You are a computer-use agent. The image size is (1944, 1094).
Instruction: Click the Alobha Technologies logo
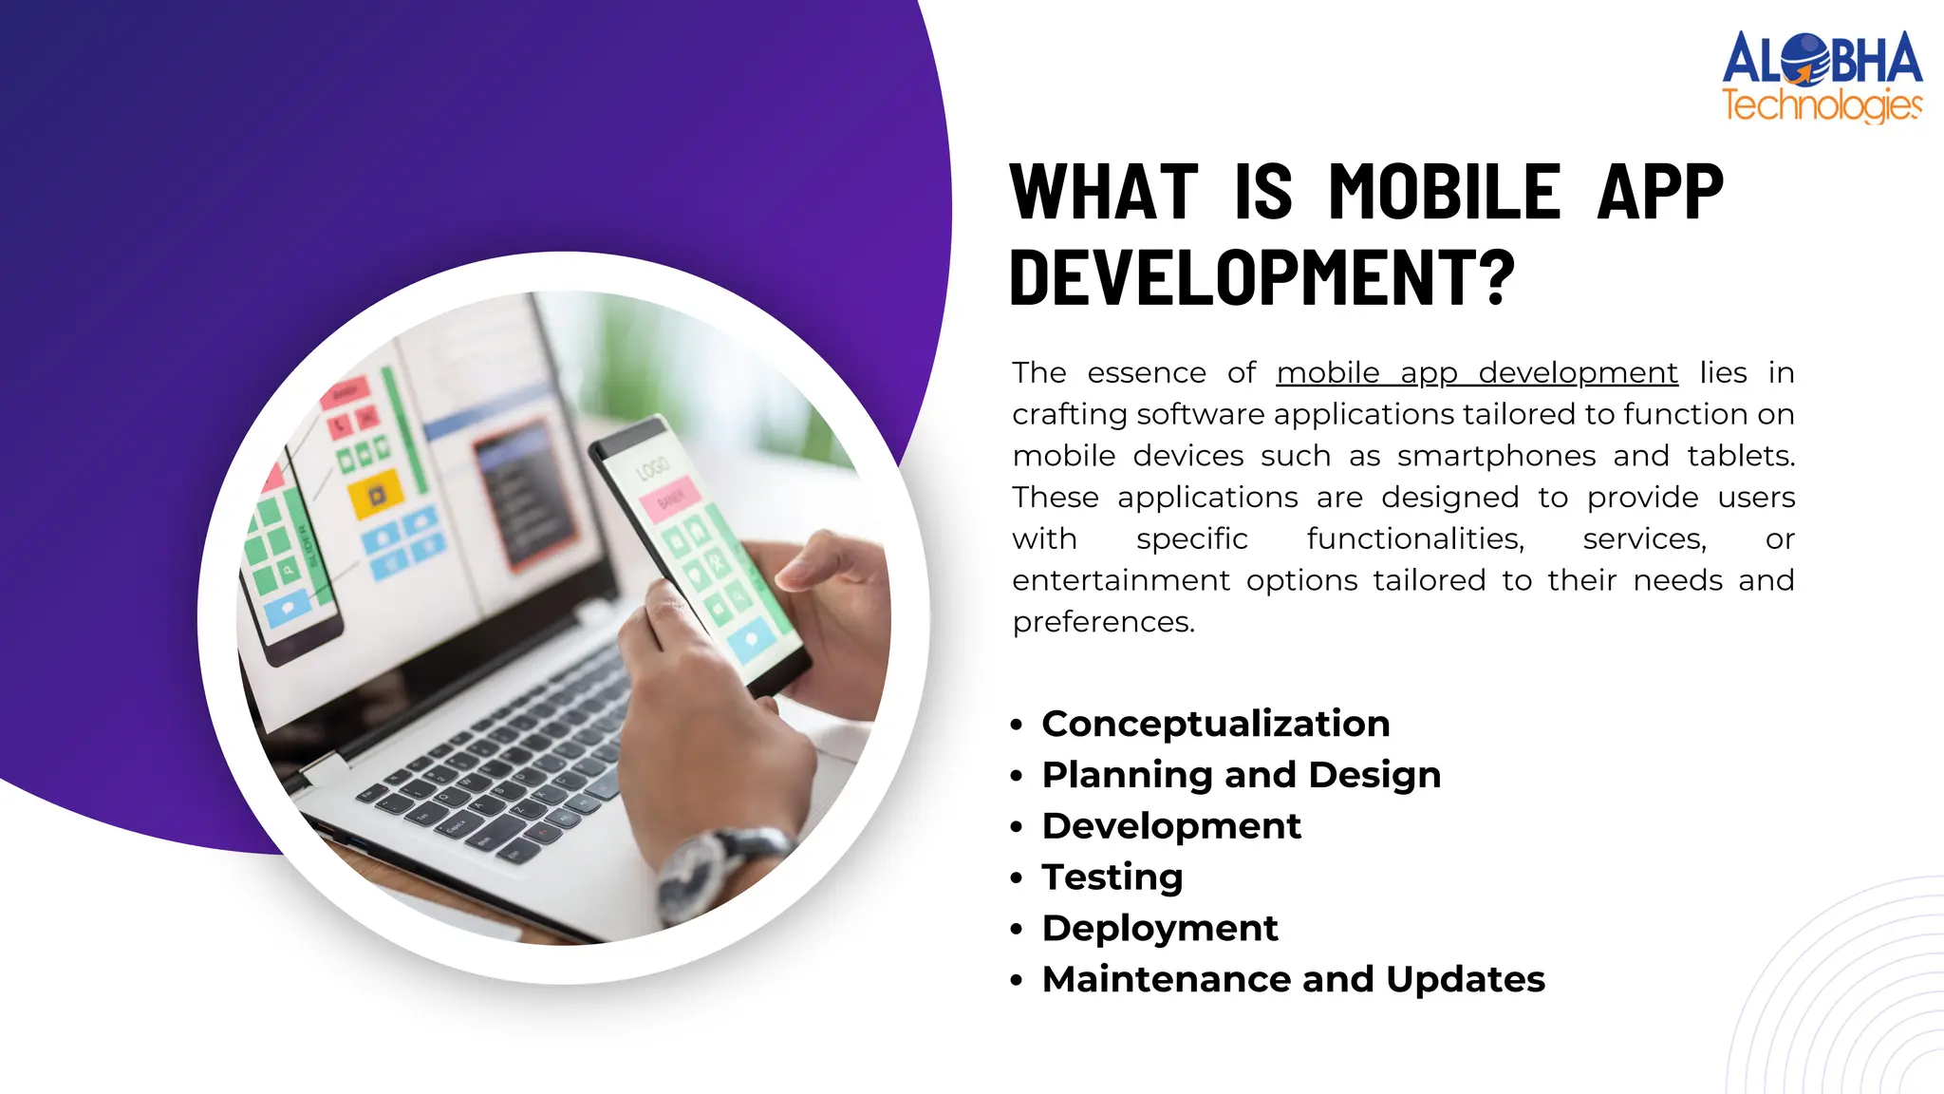tap(1822, 77)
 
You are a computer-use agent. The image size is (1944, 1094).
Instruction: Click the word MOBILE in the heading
tap(1444, 193)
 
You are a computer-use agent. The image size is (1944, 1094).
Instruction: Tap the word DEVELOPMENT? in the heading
tap(1262, 277)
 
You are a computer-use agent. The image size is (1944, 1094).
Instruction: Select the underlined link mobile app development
tap(1476, 373)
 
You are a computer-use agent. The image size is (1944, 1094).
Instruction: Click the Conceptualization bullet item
tap(1215, 724)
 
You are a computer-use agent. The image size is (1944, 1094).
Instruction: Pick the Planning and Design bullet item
tap(1241, 775)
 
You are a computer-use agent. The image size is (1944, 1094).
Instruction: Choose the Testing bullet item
tap(1112, 877)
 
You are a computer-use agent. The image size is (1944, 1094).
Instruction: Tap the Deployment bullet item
tap(1159, 928)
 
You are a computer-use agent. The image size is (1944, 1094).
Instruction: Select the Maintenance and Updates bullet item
tap(1293, 979)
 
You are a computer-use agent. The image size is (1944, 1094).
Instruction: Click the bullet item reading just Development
tap(1170, 826)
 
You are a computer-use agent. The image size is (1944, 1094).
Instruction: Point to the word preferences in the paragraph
tap(1102, 622)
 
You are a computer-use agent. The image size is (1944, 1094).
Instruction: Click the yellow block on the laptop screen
tap(376, 495)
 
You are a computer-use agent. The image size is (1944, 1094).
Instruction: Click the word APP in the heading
tap(1659, 193)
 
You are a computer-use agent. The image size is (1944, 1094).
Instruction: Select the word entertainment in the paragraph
tap(1120, 580)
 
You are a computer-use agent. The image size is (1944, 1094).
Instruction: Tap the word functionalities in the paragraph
tap(1414, 539)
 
